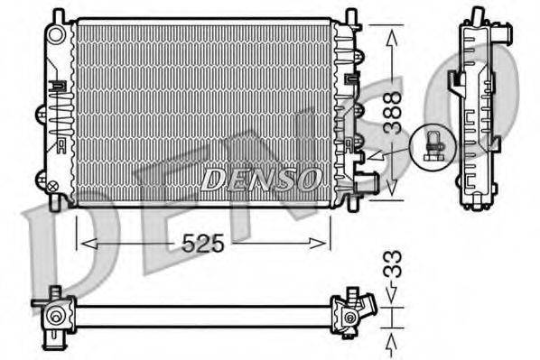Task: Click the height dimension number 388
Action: pyautogui.click(x=391, y=113)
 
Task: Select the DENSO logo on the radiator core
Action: pyautogui.click(x=260, y=178)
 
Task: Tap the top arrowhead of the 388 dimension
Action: pyautogui.click(x=391, y=35)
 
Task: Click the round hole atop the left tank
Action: pyautogui.click(x=58, y=35)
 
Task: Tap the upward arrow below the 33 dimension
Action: pyautogui.click(x=392, y=340)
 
